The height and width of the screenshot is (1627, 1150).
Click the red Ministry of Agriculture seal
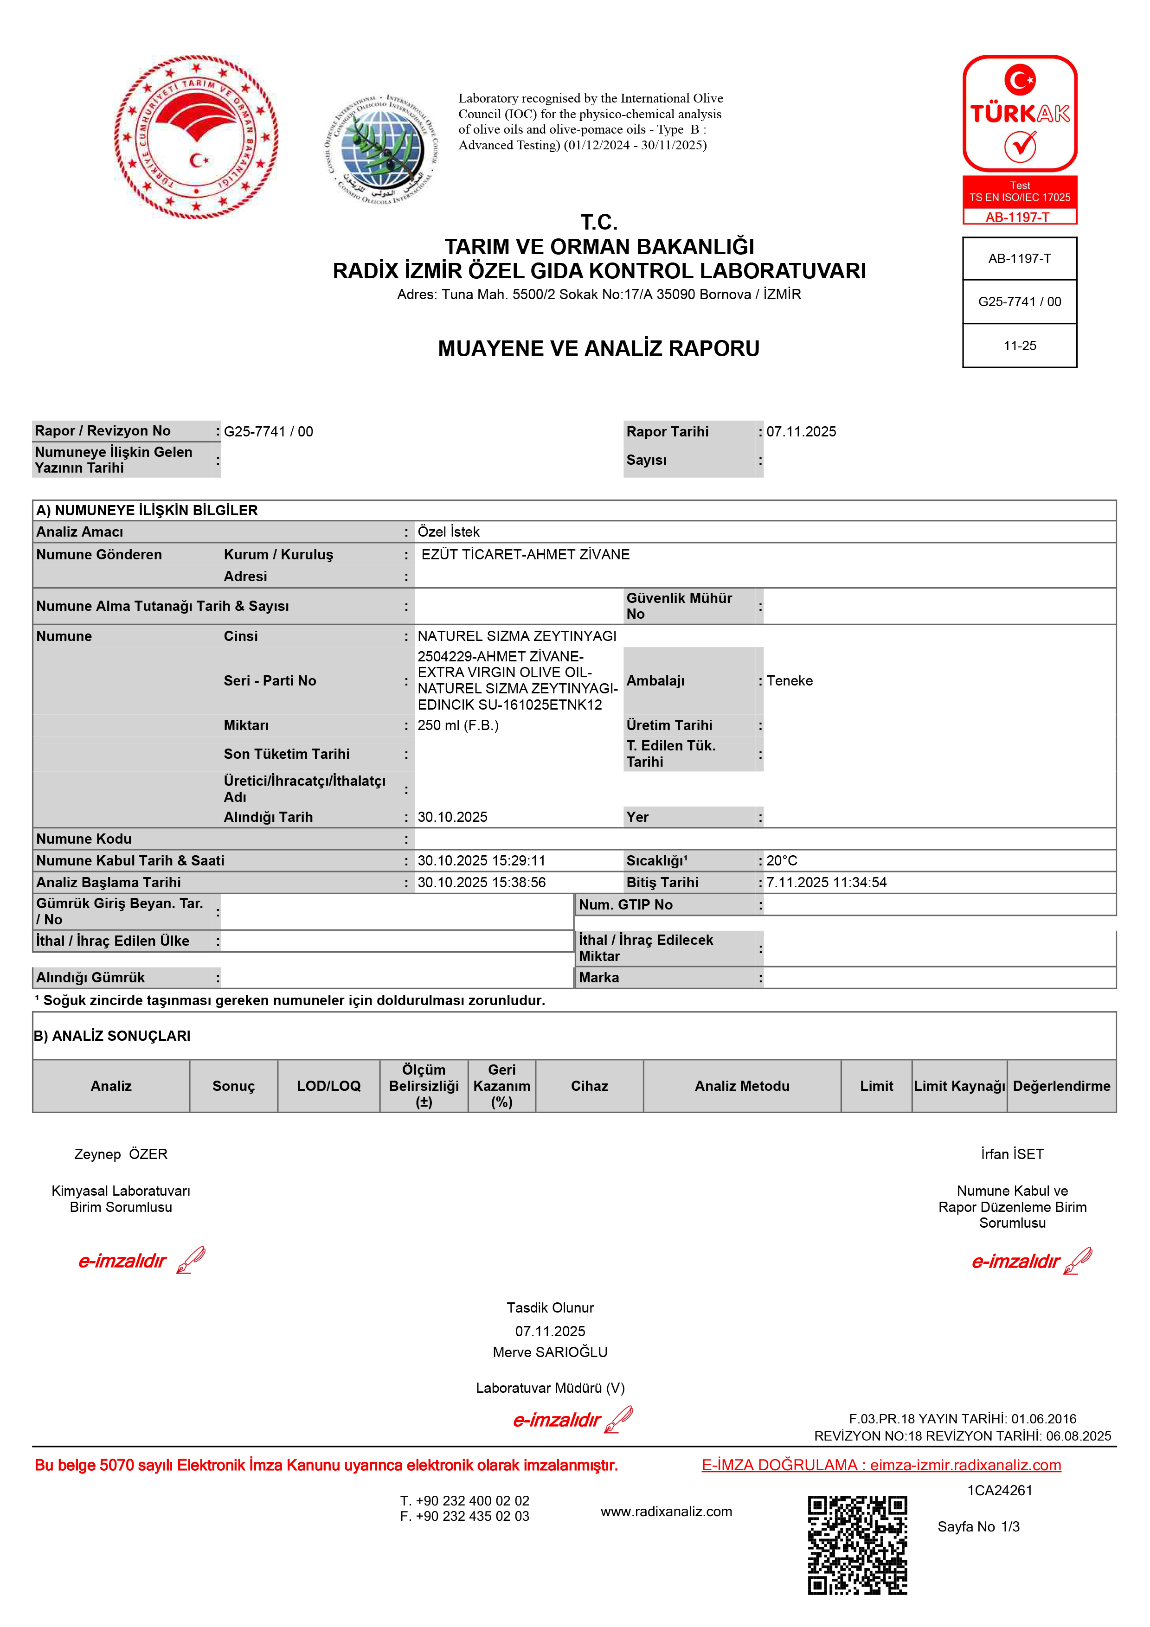[196, 137]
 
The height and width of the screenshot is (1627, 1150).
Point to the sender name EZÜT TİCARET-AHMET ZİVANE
[525, 554]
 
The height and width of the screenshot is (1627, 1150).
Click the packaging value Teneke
[790, 680]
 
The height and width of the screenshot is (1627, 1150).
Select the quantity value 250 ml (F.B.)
[458, 725]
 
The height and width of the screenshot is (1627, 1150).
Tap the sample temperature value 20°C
[782, 860]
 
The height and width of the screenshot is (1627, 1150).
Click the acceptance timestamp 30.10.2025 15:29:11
[481, 860]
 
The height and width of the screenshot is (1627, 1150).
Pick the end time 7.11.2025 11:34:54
[826, 882]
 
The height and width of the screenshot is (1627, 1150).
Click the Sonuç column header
[233, 1086]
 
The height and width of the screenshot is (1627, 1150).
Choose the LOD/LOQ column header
[329, 1086]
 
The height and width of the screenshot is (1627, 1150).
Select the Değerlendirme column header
[1061, 1086]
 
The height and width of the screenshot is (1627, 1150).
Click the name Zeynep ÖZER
[121, 1153]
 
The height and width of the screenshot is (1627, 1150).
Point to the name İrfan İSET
[1012, 1153]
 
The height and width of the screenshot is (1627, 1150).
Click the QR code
[857, 1545]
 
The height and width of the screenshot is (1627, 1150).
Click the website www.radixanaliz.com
[666, 1512]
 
